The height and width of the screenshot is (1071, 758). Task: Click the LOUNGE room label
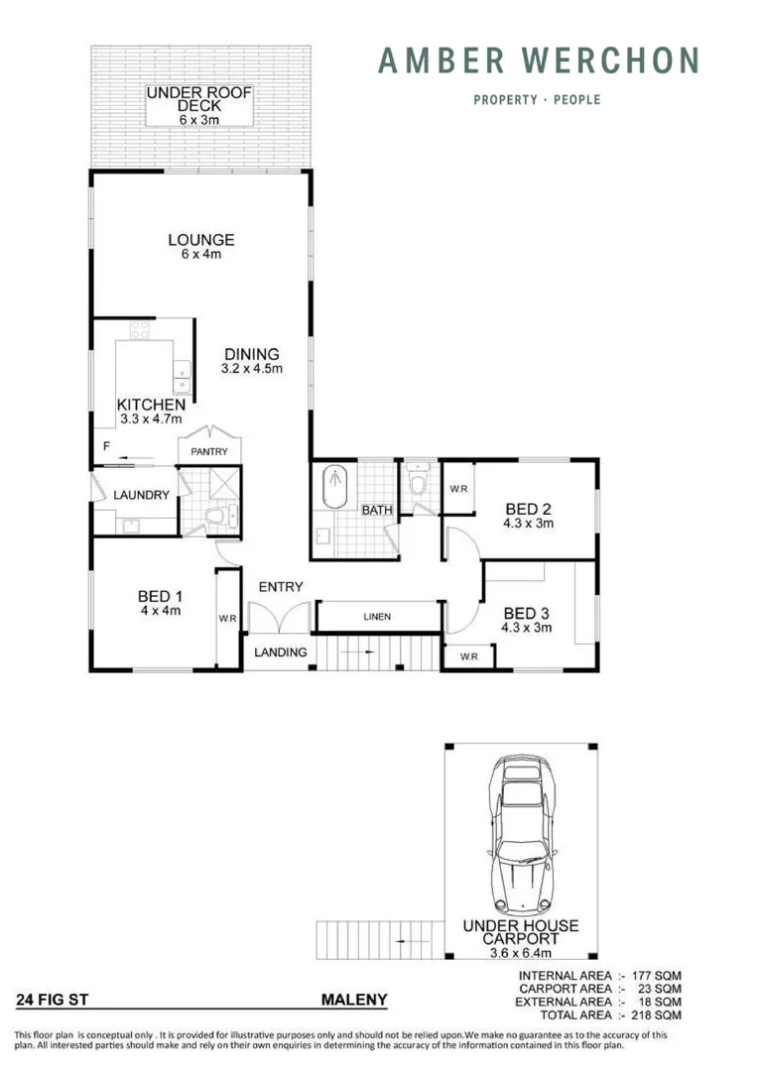(200, 239)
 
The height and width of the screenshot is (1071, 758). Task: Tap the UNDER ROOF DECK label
(199, 99)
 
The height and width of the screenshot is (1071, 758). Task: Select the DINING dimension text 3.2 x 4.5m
(251, 369)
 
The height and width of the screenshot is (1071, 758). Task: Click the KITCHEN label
(151, 405)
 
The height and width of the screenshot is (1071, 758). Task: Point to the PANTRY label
(209, 452)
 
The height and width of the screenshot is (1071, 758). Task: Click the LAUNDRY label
(141, 495)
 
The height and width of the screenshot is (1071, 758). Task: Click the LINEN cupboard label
(376, 617)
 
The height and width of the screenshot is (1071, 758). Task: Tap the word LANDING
(280, 652)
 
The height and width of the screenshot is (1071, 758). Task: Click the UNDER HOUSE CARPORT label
(521, 932)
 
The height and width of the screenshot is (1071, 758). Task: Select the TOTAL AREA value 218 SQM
(654, 1015)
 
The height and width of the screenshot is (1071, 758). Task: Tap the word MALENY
(354, 1001)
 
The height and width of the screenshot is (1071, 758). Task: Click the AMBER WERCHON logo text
(539, 60)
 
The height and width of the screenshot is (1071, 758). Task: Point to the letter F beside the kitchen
(105, 447)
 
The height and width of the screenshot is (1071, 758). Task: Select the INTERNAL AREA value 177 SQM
(654, 976)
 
